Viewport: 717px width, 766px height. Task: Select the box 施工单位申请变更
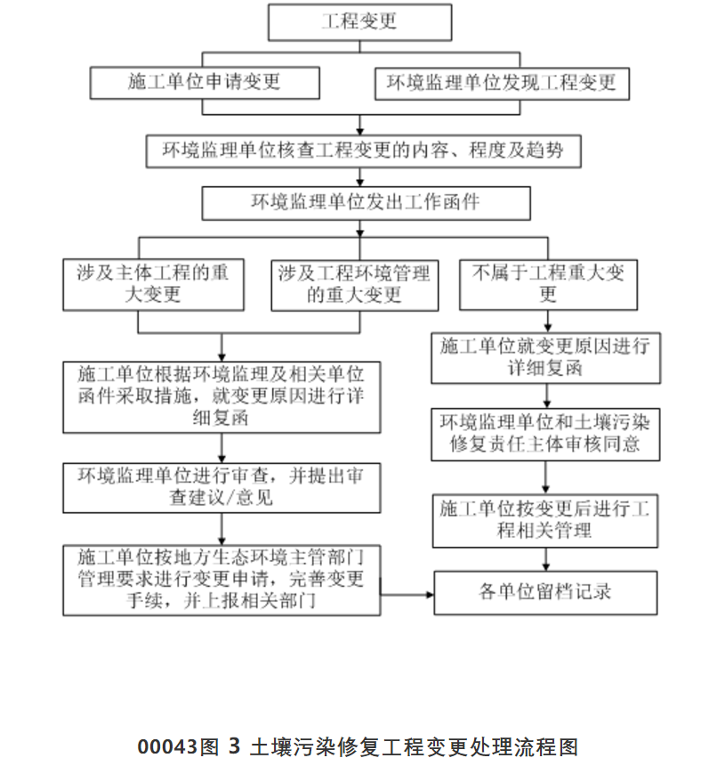205,83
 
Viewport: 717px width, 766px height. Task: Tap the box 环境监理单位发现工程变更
501,83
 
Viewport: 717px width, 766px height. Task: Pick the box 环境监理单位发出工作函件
366,202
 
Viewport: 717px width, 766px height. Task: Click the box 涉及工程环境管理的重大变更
354,284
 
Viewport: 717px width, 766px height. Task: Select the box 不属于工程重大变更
548,284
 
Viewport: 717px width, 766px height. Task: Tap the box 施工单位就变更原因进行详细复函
546,357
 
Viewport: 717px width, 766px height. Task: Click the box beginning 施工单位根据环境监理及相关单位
222,395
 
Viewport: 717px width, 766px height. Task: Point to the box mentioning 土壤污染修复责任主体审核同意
546,434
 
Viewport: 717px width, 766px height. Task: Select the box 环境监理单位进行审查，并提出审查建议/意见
222,487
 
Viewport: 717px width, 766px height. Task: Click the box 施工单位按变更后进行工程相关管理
546,521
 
